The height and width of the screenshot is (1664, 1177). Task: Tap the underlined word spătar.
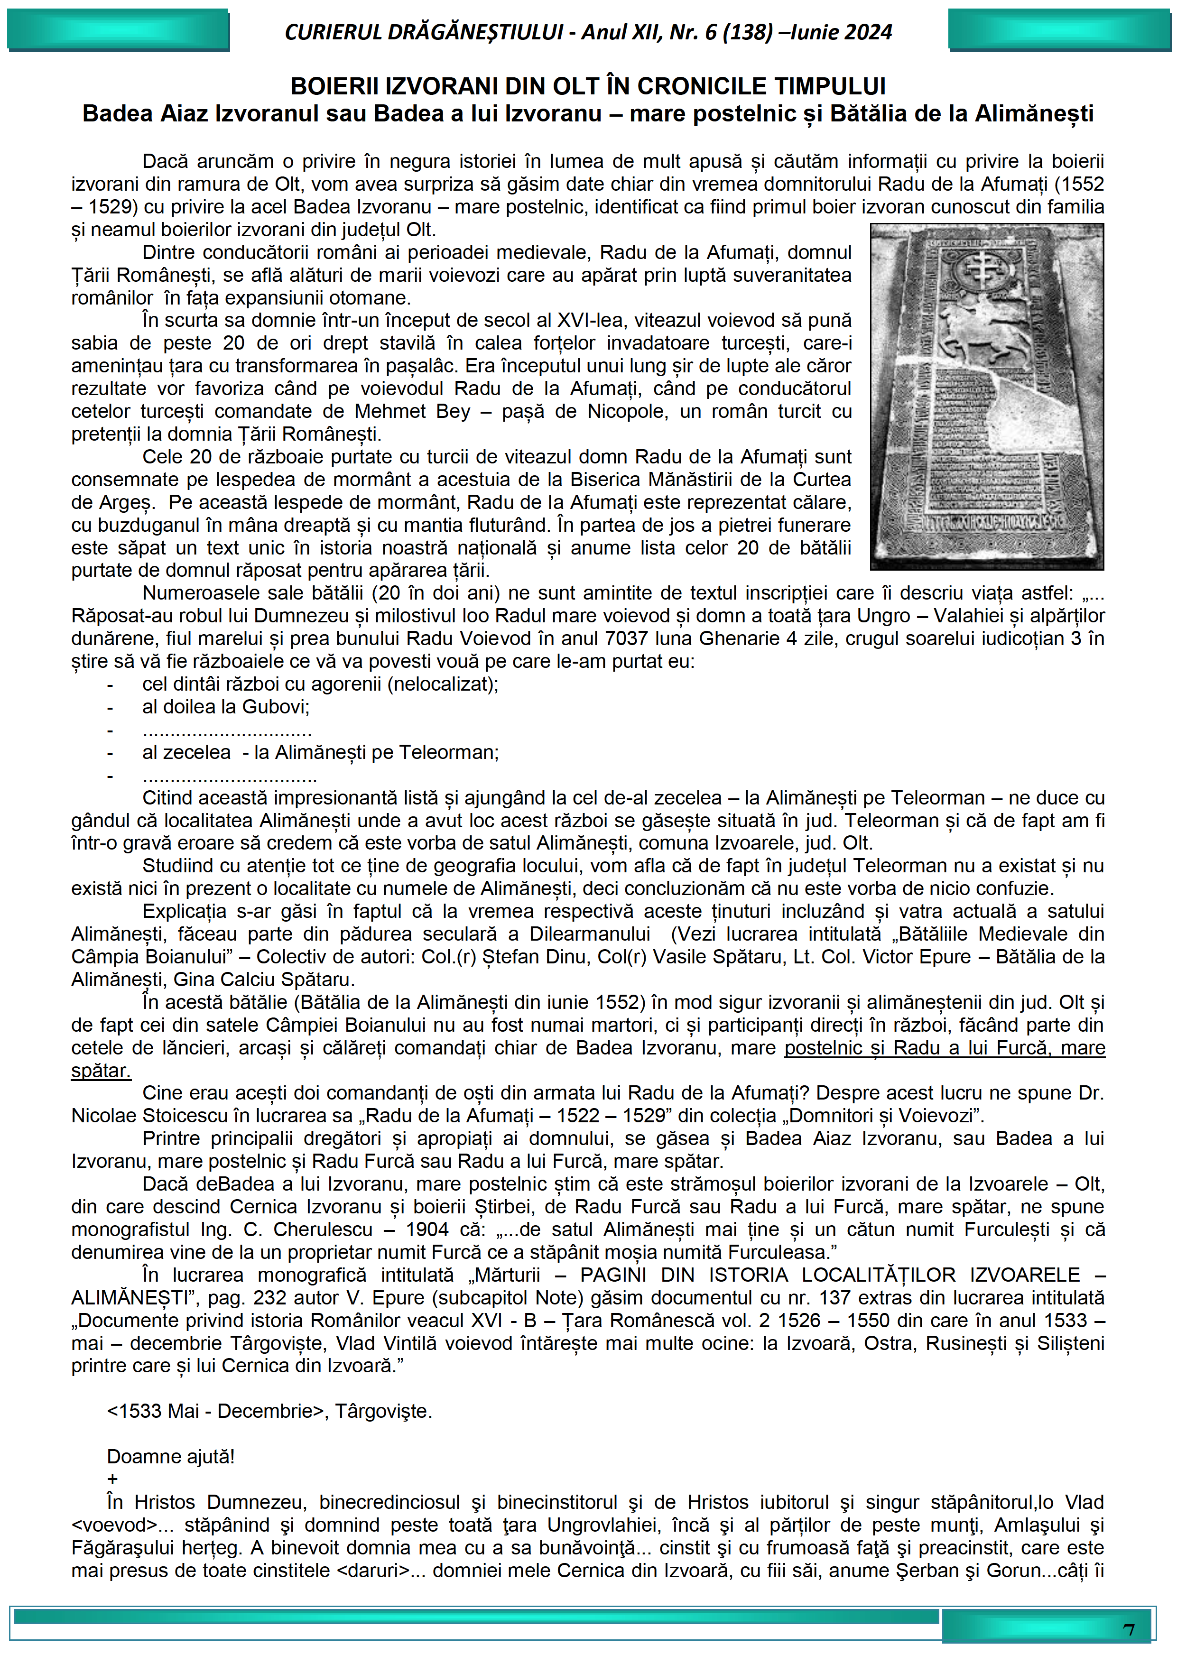[101, 1071]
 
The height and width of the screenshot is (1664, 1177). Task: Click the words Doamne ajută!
[170, 1457]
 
